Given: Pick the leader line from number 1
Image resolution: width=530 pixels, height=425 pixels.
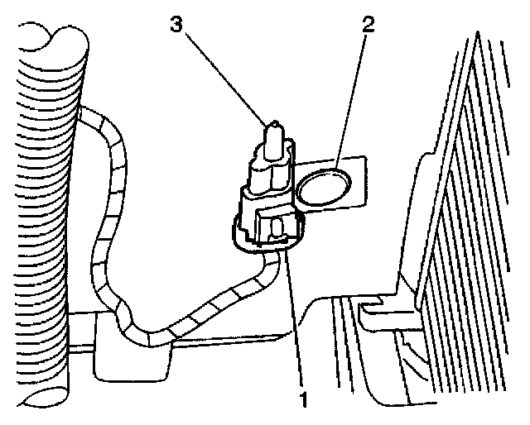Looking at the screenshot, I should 295,322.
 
